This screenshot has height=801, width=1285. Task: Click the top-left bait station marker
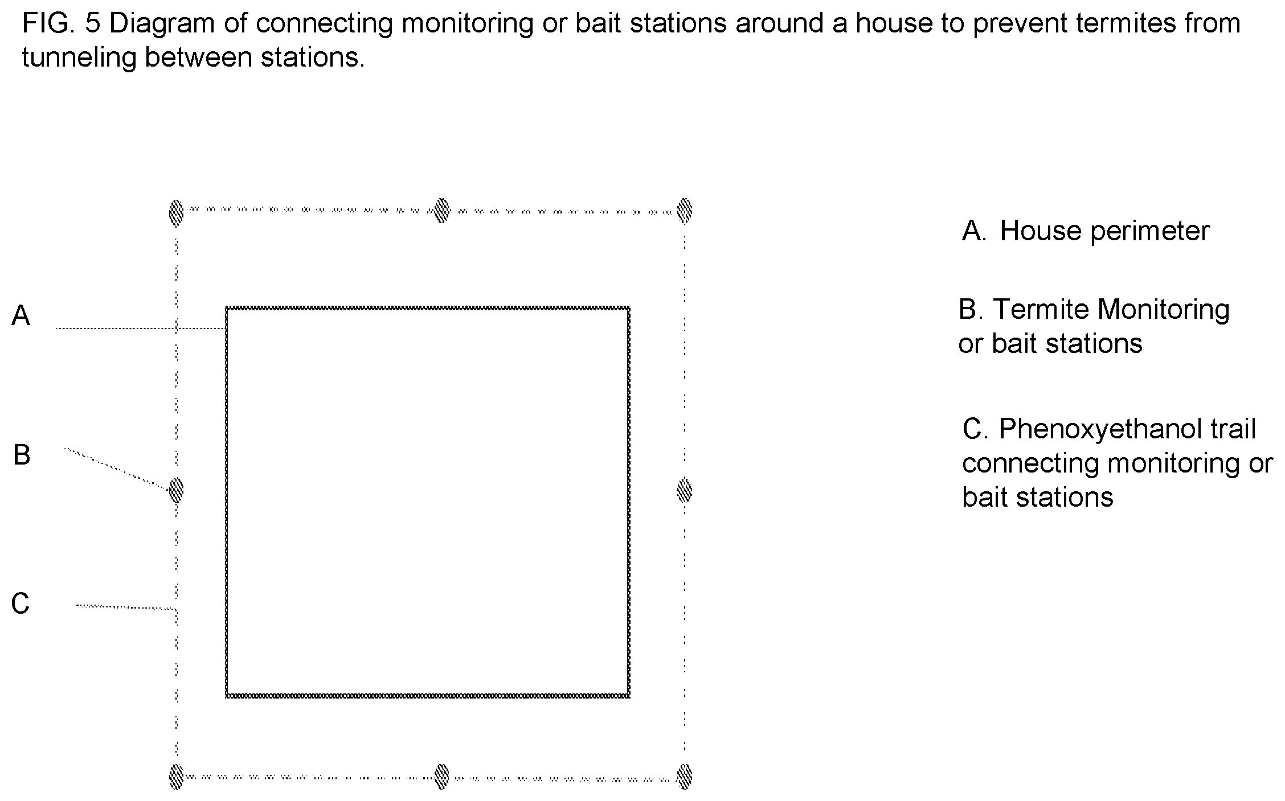coord(177,213)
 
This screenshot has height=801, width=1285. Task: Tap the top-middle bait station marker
coord(442,210)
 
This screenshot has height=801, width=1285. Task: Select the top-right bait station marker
coord(685,211)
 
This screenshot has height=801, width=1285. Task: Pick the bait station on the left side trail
coord(177,490)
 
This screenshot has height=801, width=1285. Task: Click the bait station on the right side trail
coord(685,490)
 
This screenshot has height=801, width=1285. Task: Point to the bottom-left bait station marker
coord(177,777)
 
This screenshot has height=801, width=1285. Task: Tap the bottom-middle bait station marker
coord(442,777)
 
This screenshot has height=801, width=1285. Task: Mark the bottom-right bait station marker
coord(685,777)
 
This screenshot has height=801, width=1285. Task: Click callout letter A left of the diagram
coord(21,315)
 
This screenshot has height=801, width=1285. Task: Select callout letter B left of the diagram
coord(22,455)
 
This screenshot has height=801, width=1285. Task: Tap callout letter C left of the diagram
coord(21,603)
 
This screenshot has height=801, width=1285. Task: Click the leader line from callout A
coord(141,328)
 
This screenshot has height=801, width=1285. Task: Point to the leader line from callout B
coord(117,469)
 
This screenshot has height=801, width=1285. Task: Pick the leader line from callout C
coord(126,607)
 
